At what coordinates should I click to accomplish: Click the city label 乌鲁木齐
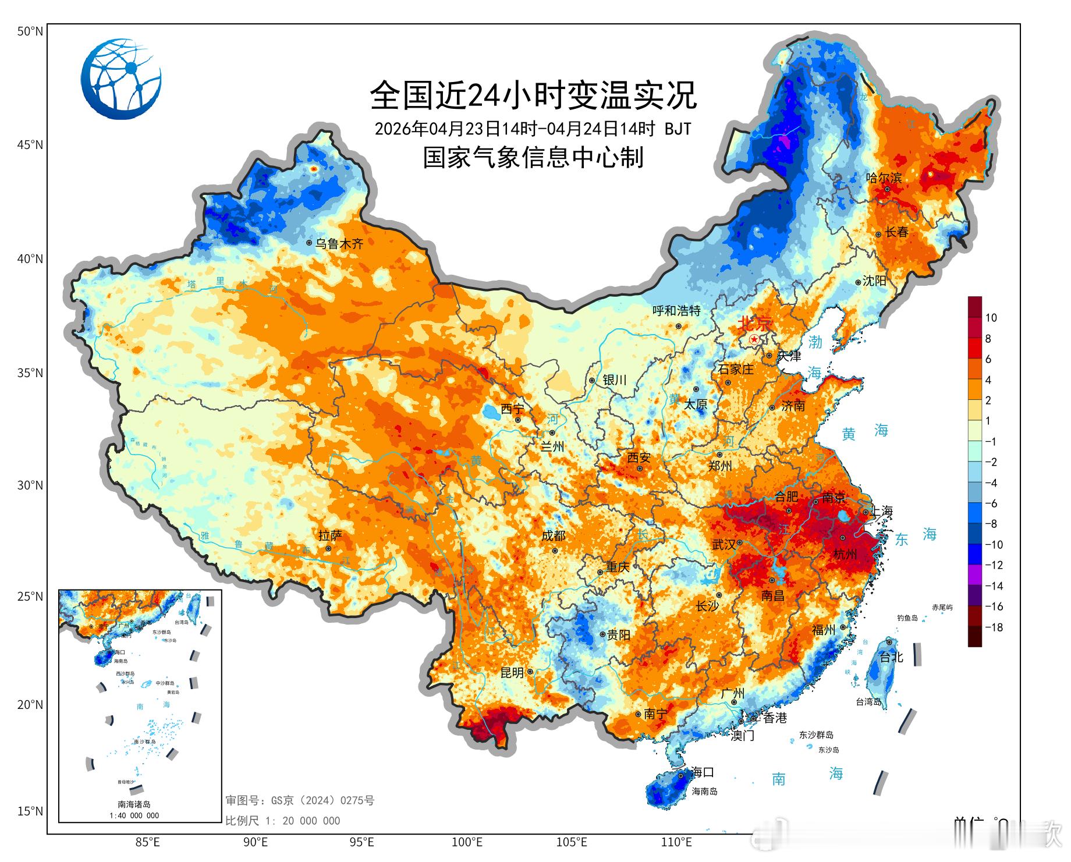[x=339, y=244]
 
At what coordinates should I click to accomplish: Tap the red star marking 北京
[x=754, y=339]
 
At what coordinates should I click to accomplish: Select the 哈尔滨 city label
[x=884, y=178]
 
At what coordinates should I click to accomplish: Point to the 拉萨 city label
[x=330, y=535]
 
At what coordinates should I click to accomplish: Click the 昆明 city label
[x=512, y=673]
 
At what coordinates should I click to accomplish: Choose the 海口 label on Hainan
[x=703, y=772]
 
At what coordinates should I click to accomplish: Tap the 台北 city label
[x=891, y=657]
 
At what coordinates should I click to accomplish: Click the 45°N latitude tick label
[x=30, y=144]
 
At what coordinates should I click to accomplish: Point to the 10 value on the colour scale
[x=991, y=318]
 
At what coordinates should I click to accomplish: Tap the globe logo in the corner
[x=121, y=79]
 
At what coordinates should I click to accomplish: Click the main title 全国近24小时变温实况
[x=533, y=95]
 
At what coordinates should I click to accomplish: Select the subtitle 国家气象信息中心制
[x=533, y=158]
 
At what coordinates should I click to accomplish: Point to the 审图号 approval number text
[x=300, y=800]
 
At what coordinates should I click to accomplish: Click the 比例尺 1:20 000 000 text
[x=283, y=821]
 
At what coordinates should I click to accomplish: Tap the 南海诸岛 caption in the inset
[x=134, y=804]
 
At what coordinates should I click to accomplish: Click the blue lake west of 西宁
[x=490, y=414]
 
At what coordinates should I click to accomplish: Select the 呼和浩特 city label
[x=676, y=311]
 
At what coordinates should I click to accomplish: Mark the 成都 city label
[x=553, y=535]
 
